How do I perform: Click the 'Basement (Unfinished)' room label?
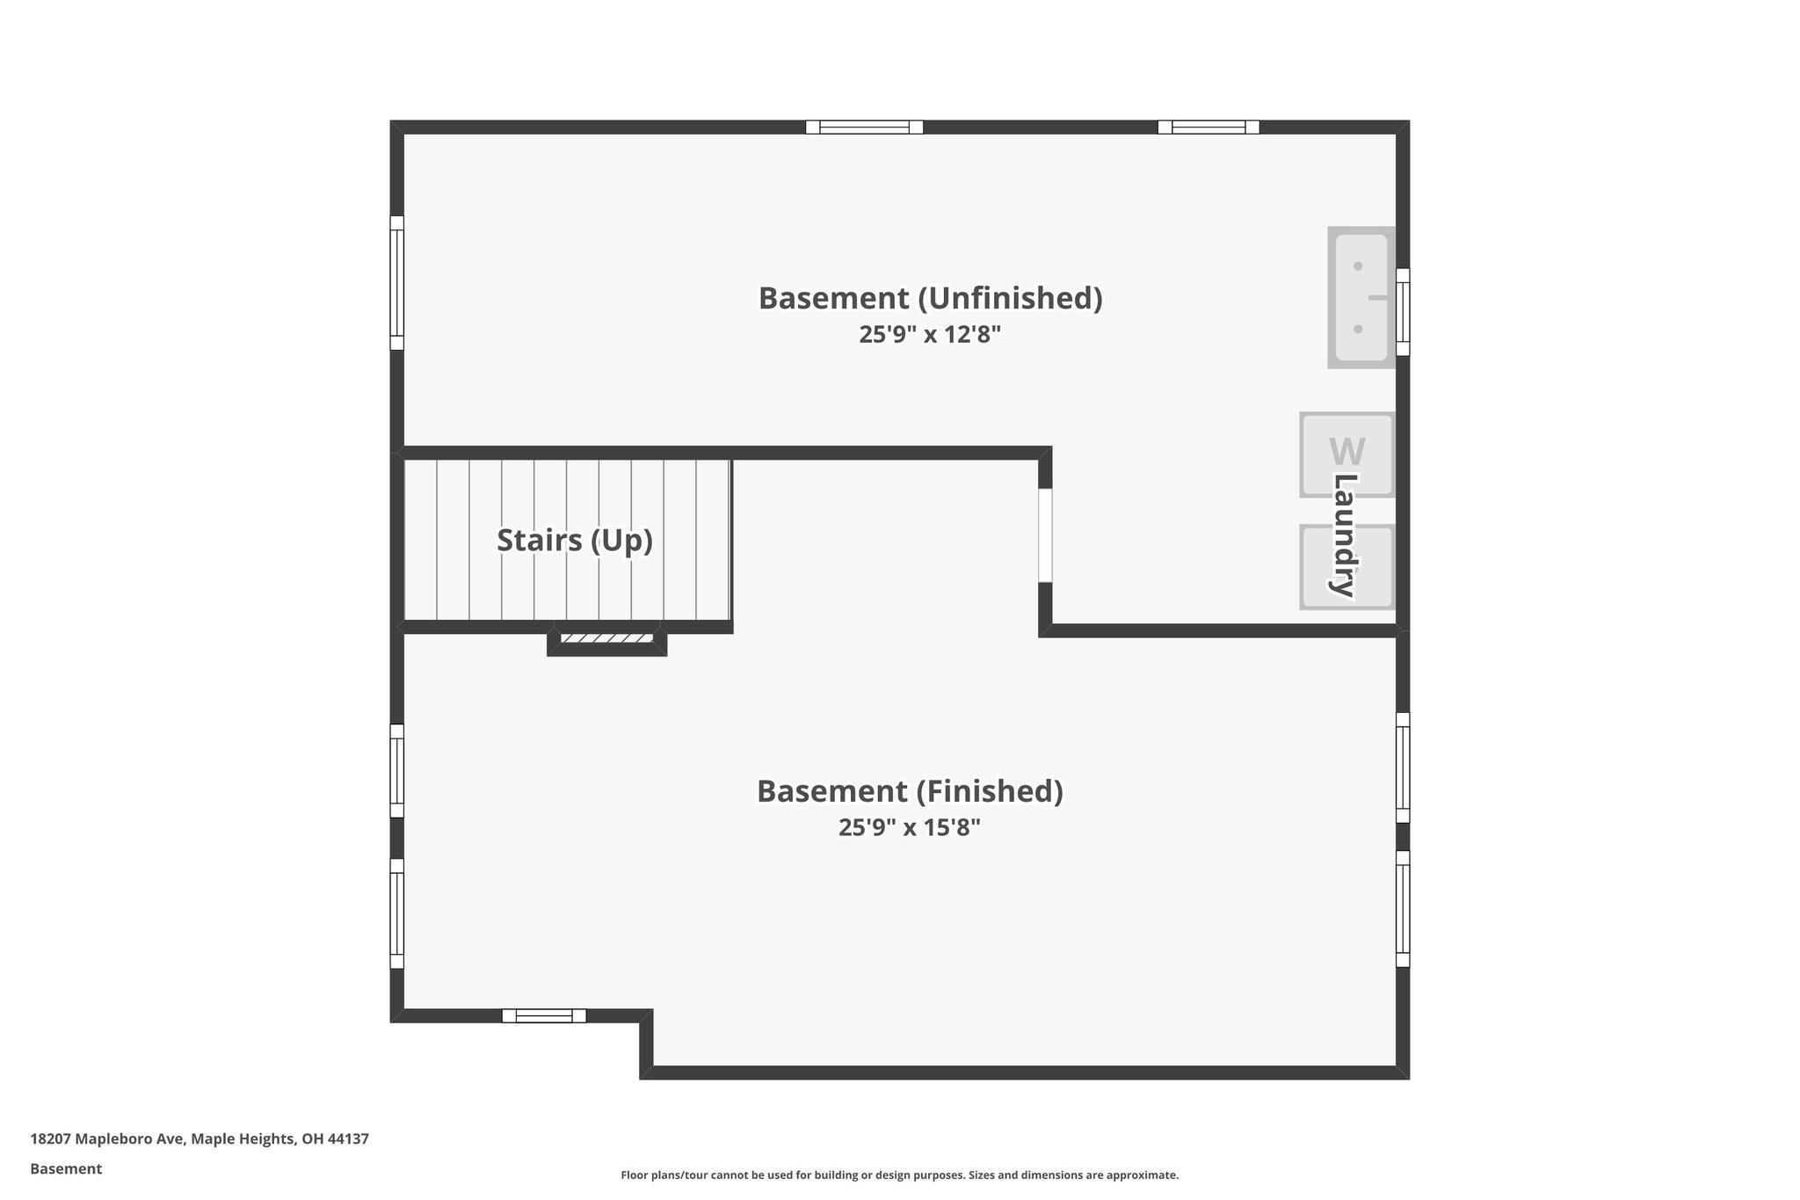(930, 299)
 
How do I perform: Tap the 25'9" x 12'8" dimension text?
(930, 335)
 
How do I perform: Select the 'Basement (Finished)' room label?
(910, 791)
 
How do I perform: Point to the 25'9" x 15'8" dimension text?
(910, 828)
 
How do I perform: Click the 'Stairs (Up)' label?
(575, 540)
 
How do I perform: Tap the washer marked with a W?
(1346, 455)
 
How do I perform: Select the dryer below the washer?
(1346, 567)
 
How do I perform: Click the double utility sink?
(1360, 297)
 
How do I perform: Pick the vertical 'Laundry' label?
(1346, 535)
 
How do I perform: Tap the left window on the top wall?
(864, 127)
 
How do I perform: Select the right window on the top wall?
(1208, 127)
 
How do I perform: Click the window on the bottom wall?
(543, 1016)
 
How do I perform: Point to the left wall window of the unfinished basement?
(397, 283)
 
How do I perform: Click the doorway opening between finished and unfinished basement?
(1045, 535)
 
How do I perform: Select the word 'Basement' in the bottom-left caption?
(66, 1169)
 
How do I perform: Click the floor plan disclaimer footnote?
(899, 1175)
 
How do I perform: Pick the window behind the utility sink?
(1403, 312)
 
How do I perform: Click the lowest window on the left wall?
(397, 913)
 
